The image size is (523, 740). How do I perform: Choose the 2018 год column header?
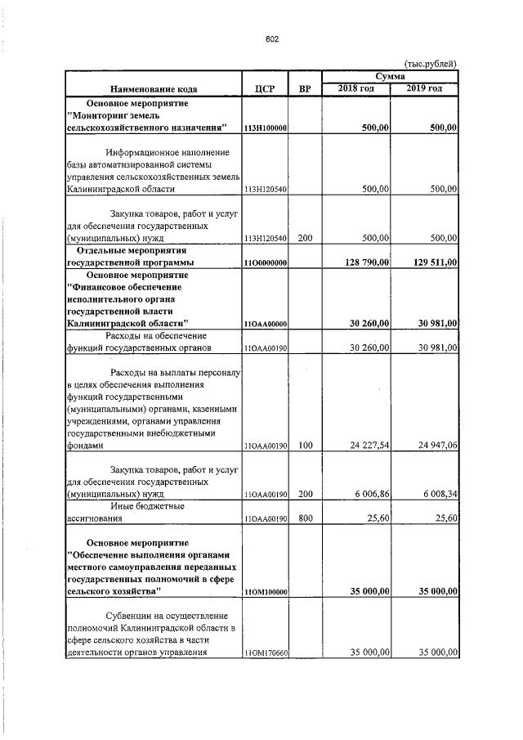(x=356, y=88)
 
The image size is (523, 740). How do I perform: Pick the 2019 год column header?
(x=425, y=88)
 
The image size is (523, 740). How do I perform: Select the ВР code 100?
(x=305, y=446)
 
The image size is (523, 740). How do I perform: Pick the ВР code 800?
(x=305, y=518)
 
